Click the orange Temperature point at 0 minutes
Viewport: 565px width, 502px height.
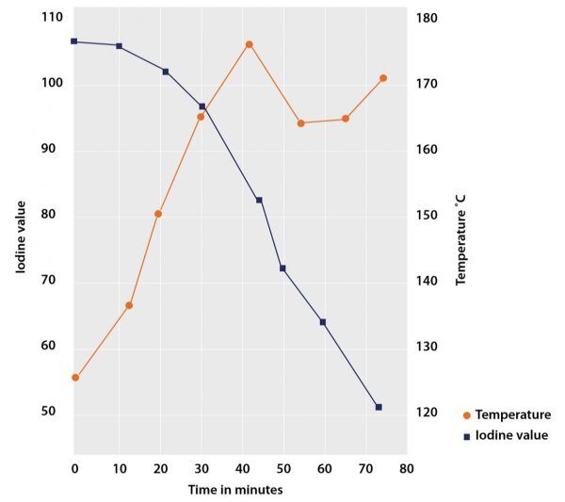point(75,378)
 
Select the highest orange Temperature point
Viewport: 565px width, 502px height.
point(249,44)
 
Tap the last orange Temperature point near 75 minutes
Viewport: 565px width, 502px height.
point(383,78)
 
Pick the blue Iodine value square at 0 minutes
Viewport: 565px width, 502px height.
point(74,41)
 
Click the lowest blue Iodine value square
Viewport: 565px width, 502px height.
point(379,407)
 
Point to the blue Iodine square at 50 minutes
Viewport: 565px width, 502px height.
point(282,268)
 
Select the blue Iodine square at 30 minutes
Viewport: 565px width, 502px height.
point(202,106)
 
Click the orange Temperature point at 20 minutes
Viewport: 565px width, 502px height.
point(158,214)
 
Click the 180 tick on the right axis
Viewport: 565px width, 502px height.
point(428,17)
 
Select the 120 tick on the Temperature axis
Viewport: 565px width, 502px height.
point(428,413)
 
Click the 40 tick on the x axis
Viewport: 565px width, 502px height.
point(241,468)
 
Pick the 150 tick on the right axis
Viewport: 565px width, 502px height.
point(428,216)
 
